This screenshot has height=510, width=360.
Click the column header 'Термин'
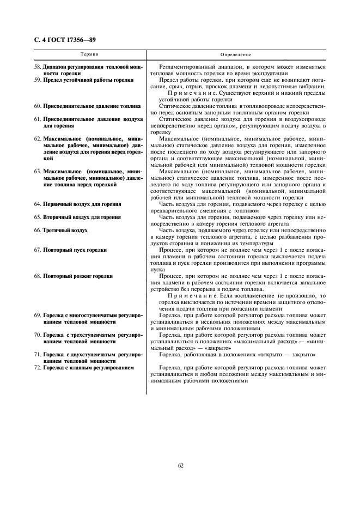point(90,55)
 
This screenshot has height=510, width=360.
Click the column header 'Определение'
point(236,55)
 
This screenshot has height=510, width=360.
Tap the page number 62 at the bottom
point(180,465)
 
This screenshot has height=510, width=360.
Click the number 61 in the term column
point(38,118)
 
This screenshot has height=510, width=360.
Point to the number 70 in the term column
point(38,335)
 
